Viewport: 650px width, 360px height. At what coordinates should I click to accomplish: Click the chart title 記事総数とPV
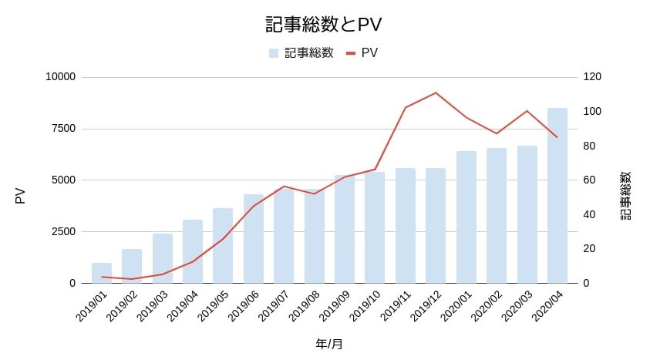[x=324, y=25]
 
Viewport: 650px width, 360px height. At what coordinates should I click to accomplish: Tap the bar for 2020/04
[x=557, y=196]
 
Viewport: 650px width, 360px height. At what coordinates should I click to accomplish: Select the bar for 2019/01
[x=102, y=273]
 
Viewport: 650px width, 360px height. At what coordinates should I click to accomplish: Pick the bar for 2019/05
[x=223, y=245]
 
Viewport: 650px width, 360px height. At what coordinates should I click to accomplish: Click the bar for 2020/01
[x=466, y=217]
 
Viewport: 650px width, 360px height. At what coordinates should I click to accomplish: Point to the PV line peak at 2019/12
[x=436, y=93]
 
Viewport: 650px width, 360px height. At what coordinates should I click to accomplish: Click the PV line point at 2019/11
[x=406, y=107]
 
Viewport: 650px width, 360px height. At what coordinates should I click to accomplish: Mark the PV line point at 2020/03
[x=527, y=111]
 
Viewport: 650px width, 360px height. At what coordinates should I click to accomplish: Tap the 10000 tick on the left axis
[x=60, y=77]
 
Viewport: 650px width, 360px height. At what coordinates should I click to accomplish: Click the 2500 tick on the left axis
[x=63, y=231]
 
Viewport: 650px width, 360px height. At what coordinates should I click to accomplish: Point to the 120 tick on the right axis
[x=592, y=77]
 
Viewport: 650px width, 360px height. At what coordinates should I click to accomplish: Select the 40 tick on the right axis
[x=589, y=214]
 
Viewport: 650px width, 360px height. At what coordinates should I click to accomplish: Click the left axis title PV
[x=21, y=196]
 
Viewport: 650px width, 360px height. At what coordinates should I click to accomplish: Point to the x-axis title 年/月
[x=329, y=344]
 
